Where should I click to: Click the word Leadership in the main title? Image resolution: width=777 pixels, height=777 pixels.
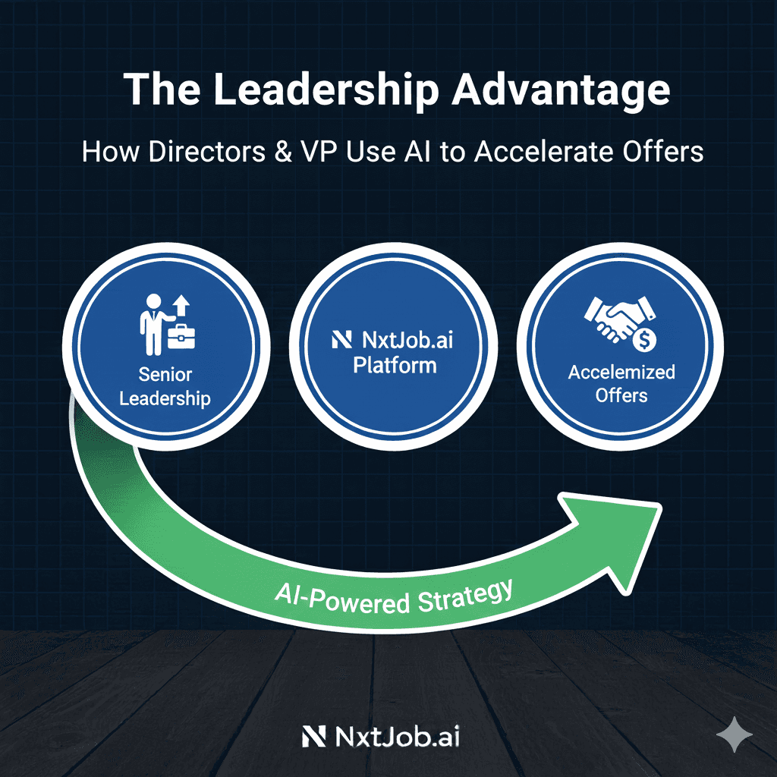pos(326,90)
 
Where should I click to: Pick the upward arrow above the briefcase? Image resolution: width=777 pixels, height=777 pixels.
pos(181,305)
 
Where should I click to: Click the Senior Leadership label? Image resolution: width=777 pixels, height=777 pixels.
pos(165,387)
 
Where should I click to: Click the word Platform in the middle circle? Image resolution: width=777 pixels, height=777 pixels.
pos(395,366)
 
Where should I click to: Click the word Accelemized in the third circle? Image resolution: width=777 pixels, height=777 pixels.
pos(621,373)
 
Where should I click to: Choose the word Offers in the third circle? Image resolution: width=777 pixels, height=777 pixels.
pos(621,395)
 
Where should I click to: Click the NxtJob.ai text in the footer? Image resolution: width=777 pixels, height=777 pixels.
pos(395,736)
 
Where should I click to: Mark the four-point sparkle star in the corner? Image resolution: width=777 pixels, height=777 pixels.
pos(735,736)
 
